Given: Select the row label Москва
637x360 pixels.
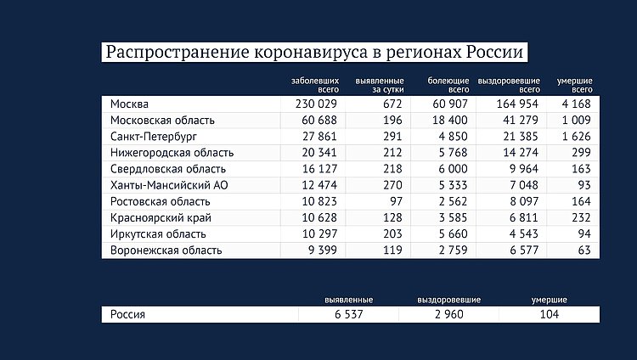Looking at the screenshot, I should pos(130,104).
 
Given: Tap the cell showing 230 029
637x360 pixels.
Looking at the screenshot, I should pos(316,104).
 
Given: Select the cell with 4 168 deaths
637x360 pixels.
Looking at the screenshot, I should pos(577,104).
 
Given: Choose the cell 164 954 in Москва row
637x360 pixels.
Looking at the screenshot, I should pos(513,104).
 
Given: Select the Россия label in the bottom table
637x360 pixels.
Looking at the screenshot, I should pos(128,314).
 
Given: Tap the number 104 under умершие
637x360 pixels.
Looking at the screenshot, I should pos(549,314).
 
